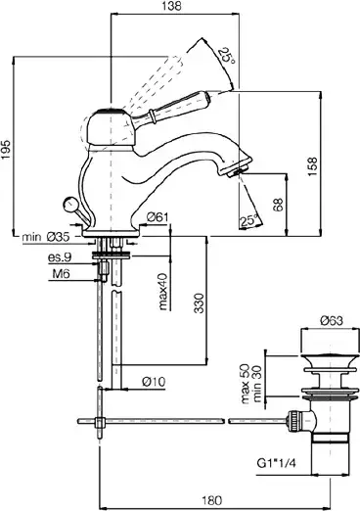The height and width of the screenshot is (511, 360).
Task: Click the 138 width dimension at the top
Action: tap(172, 6)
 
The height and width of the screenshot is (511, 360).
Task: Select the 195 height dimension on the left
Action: tap(6, 150)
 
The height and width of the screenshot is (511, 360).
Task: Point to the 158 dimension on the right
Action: tap(312, 166)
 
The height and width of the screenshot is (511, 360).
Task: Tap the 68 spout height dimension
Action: tap(279, 205)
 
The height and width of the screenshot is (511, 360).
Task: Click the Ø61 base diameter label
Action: tap(157, 217)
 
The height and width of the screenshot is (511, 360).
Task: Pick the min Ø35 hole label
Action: tap(46, 237)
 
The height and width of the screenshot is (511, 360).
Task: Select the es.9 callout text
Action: tap(60, 257)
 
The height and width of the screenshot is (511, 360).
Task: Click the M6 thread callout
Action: tap(62, 273)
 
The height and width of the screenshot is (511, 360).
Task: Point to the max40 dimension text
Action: tap(162, 291)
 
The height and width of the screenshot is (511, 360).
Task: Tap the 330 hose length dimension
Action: tap(200, 303)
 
